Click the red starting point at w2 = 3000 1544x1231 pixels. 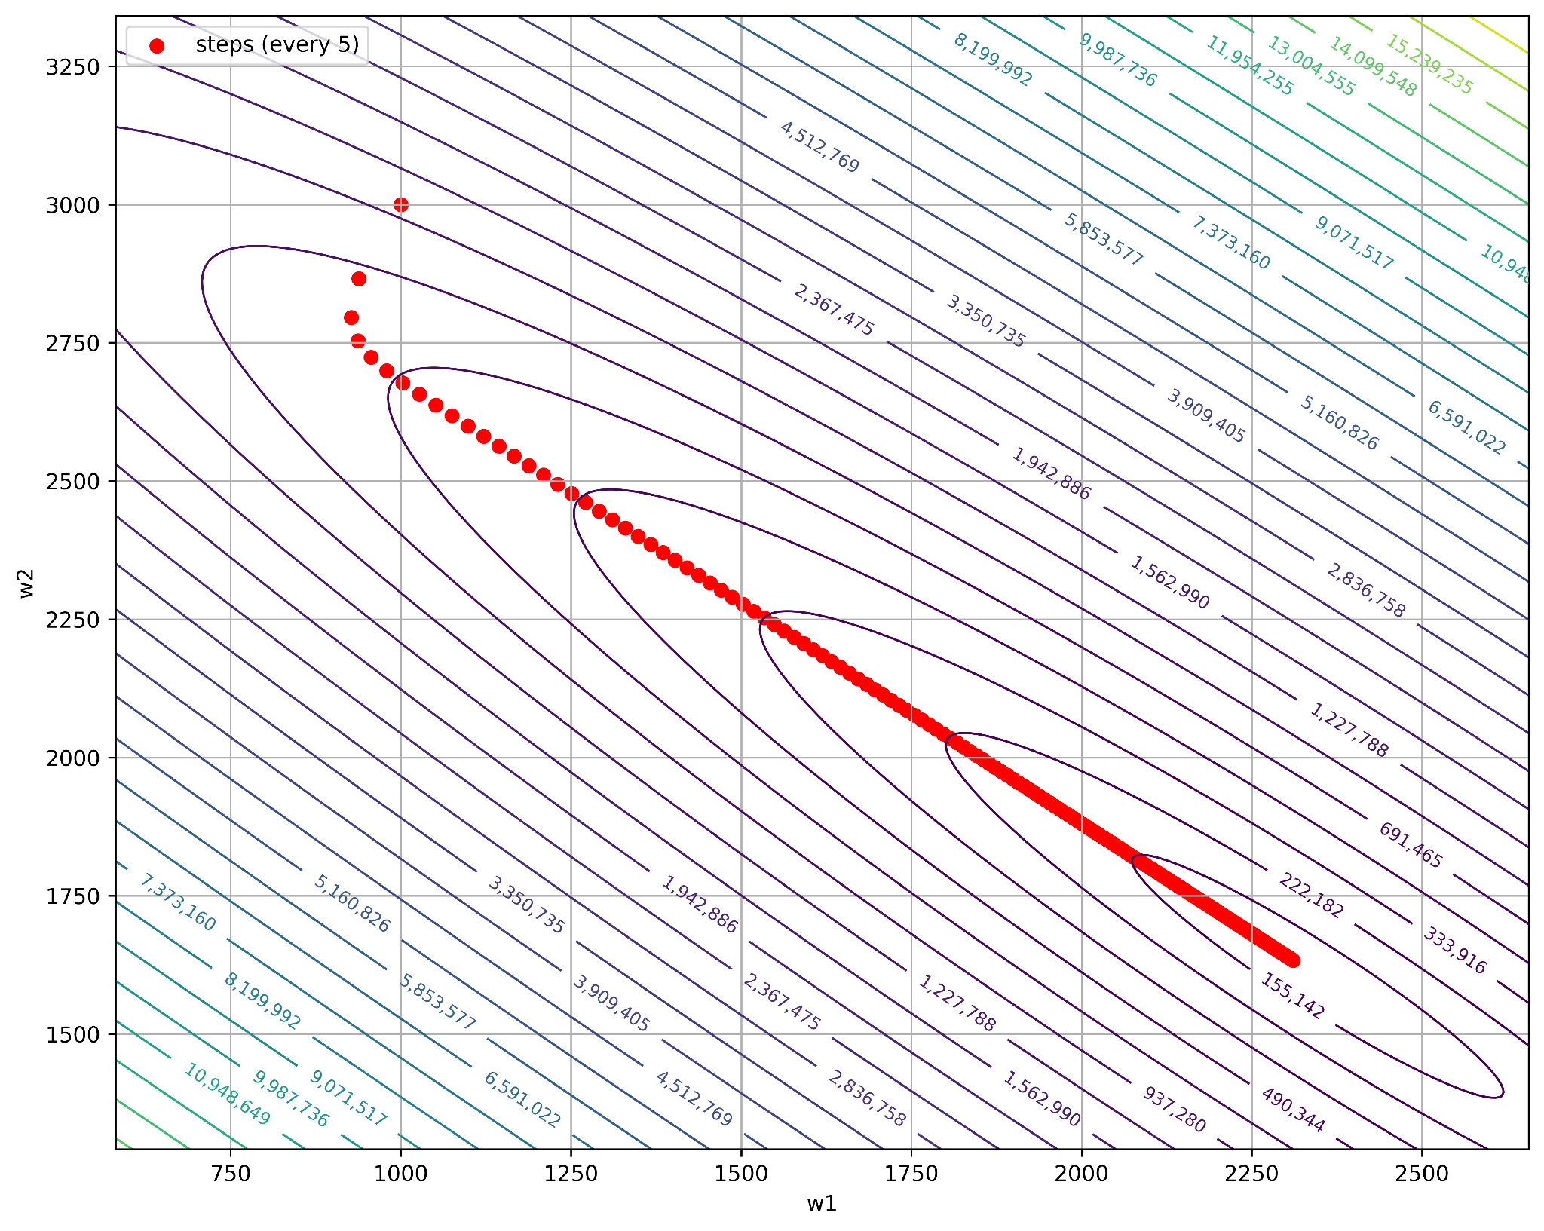coord(401,204)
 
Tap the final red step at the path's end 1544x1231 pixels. coord(1293,960)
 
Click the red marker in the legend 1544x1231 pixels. coord(157,46)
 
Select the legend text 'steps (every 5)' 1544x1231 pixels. coord(277,45)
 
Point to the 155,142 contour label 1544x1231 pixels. coord(1292,996)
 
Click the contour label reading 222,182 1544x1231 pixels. coord(1311,896)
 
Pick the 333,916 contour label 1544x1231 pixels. coord(1454,951)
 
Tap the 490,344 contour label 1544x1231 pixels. coord(1292,1110)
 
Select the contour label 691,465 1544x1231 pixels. coord(1411,845)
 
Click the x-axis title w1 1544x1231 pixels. coord(822,1204)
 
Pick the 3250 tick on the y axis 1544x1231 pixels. coord(73,66)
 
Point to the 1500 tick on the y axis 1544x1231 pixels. coord(73,1034)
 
